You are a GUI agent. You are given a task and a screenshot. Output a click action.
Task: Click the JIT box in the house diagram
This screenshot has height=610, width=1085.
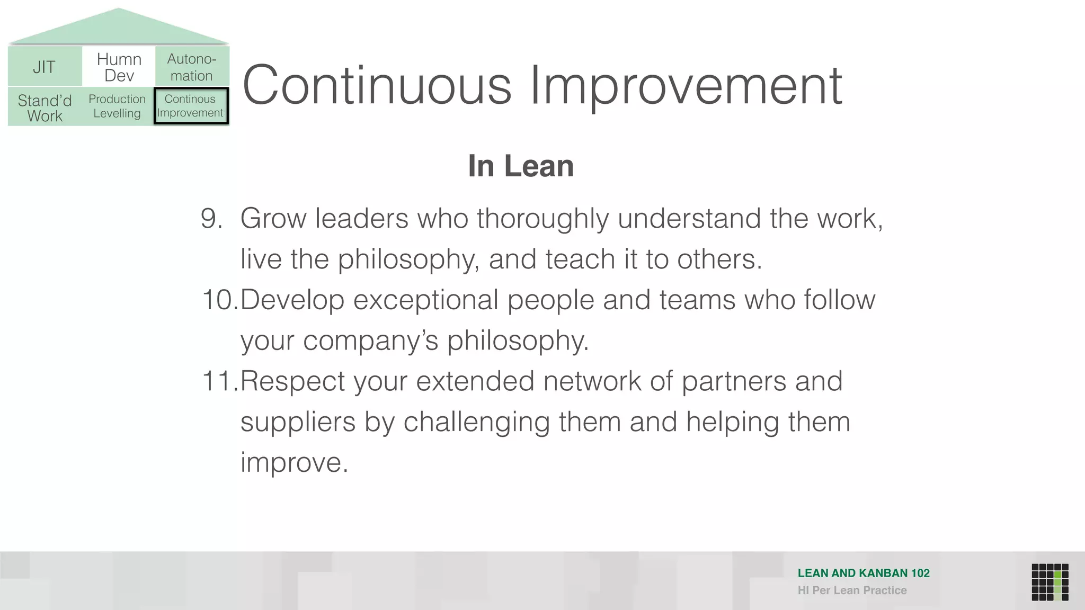click(45, 67)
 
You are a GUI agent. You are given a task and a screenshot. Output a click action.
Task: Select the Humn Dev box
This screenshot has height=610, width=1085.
click(119, 67)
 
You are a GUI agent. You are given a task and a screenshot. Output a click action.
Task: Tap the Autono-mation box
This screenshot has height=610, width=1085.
click(192, 67)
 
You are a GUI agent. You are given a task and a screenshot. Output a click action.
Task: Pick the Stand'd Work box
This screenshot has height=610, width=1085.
click(45, 107)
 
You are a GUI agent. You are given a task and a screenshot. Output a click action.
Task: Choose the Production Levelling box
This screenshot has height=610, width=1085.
click(117, 106)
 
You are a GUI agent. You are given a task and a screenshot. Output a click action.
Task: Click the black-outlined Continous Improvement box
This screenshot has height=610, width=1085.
click(191, 106)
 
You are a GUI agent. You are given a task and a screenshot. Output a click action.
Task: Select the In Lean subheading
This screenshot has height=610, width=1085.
click(521, 166)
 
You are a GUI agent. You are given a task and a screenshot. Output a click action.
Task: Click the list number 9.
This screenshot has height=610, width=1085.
click(211, 218)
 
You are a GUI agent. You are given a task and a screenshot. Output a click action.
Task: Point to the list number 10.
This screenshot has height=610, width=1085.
click(220, 300)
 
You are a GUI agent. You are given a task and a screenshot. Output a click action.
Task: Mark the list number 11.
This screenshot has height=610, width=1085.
click(220, 381)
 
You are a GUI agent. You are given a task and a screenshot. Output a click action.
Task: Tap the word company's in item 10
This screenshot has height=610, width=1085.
click(370, 341)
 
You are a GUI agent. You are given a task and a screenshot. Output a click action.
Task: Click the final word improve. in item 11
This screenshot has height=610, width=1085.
click(294, 462)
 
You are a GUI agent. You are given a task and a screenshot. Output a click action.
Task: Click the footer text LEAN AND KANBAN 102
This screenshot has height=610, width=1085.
click(863, 573)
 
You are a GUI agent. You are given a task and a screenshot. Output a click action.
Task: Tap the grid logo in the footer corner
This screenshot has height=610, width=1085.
click(1050, 582)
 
